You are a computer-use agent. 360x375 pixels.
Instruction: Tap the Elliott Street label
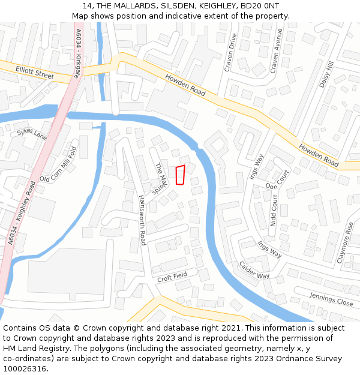(35, 73)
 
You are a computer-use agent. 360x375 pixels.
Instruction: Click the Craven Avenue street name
(275, 50)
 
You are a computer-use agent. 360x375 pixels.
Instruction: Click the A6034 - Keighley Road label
(23, 213)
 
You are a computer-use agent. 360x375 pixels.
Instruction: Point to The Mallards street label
(160, 178)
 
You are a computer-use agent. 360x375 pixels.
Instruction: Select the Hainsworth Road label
(142, 220)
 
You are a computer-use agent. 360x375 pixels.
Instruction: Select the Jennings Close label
(331, 298)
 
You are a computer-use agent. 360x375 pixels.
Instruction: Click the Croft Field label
(172, 277)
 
